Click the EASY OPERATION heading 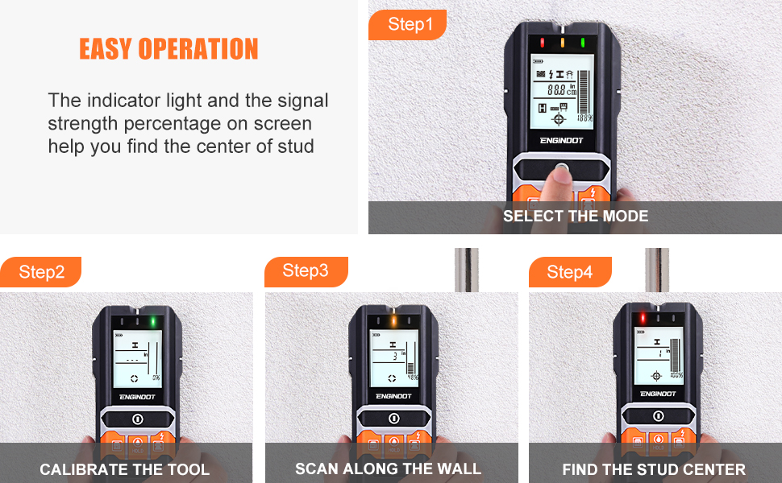tap(168, 49)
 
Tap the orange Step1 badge tap(410, 25)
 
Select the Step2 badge tap(41, 272)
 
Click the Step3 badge tap(306, 271)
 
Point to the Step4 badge tap(569, 272)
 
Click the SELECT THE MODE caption tap(575, 216)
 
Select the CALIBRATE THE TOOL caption tap(125, 469)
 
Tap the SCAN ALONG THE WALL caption tap(388, 469)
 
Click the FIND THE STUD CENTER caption tap(654, 469)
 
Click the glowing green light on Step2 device tap(152, 322)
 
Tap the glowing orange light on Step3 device tap(393, 321)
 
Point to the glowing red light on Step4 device tap(642, 319)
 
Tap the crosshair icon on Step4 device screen tap(657, 376)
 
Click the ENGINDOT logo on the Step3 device tap(393, 396)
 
